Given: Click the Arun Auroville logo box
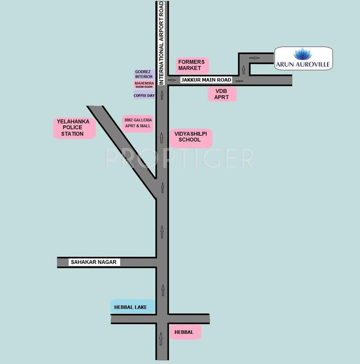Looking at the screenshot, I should (304, 58).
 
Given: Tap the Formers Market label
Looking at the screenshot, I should (192, 65).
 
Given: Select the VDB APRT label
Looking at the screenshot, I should (222, 94).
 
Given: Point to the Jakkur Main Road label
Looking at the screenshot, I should (205, 80).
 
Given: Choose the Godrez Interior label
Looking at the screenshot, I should (144, 74).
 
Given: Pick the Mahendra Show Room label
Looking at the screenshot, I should (144, 85).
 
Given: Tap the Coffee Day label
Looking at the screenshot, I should (144, 95).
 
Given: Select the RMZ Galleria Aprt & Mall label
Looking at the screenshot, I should (138, 123).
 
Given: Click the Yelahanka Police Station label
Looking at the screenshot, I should (74, 128).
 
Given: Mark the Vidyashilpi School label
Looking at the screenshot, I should (190, 137).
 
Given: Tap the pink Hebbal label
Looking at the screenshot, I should (184, 332).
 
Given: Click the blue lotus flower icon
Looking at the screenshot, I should (303, 54).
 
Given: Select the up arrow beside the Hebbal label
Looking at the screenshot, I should (162, 338).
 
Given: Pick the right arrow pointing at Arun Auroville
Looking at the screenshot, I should (255, 58).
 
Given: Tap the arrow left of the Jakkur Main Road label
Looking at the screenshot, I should (172, 80).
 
